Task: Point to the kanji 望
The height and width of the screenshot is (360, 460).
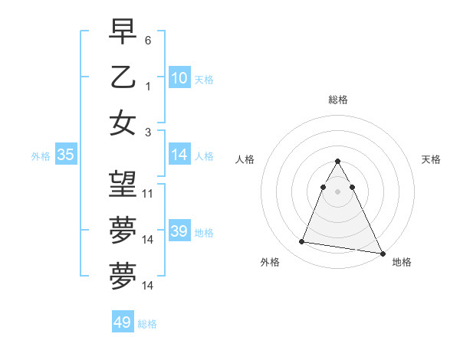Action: click(x=123, y=183)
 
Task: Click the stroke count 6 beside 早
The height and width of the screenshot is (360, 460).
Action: click(x=148, y=39)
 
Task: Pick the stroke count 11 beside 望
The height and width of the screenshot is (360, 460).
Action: click(x=148, y=193)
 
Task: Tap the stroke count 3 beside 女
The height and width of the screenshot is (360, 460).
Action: click(x=148, y=132)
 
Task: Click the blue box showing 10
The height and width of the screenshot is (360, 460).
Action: click(x=179, y=77)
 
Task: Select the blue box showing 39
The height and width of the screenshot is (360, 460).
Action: click(x=179, y=231)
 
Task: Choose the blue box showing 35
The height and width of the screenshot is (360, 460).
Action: click(x=65, y=155)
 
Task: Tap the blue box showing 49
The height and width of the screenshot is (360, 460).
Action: click(x=122, y=322)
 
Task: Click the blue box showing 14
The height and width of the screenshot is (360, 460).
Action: click(x=179, y=155)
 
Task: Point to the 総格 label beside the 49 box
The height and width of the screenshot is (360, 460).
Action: click(x=147, y=324)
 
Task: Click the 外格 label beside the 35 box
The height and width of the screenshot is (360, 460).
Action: click(x=41, y=156)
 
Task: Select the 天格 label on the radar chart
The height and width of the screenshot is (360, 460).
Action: click(x=431, y=159)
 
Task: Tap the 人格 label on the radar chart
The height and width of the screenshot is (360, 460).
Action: click(x=245, y=159)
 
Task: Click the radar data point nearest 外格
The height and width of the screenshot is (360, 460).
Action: click(x=302, y=242)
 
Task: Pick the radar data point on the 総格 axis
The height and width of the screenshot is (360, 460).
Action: click(x=338, y=162)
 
